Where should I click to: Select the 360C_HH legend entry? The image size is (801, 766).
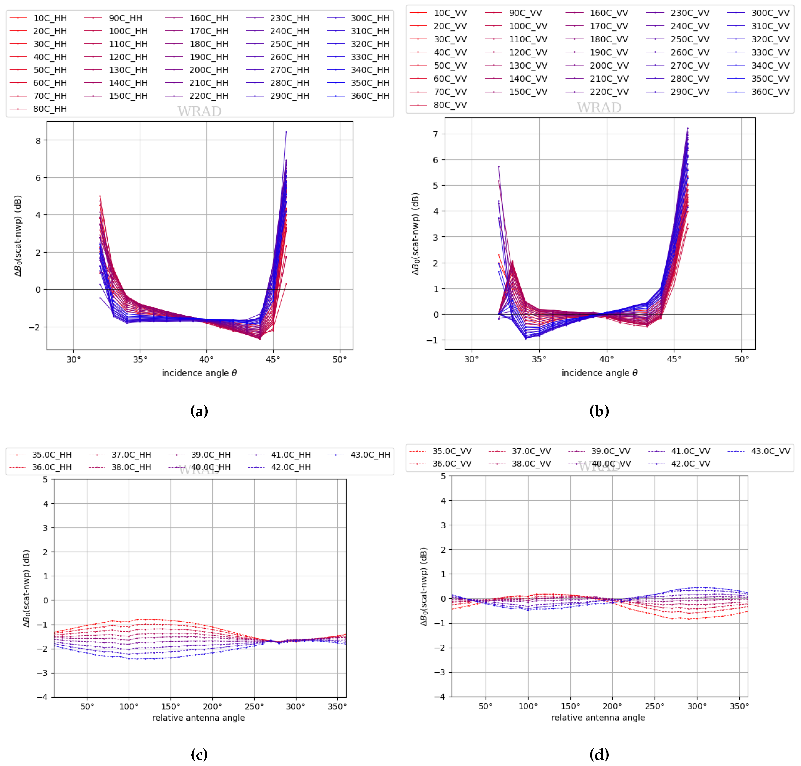click(x=370, y=96)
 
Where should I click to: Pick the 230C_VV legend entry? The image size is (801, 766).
click(x=689, y=13)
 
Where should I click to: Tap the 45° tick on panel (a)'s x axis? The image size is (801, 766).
click(x=273, y=359)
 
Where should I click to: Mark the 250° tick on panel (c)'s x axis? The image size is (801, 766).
click(x=254, y=706)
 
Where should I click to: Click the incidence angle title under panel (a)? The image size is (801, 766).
click(x=199, y=373)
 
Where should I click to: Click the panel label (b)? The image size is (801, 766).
click(x=599, y=411)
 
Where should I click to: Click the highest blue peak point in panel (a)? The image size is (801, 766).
click(x=286, y=132)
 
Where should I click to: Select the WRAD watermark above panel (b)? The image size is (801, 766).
click(x=599, y=108)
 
